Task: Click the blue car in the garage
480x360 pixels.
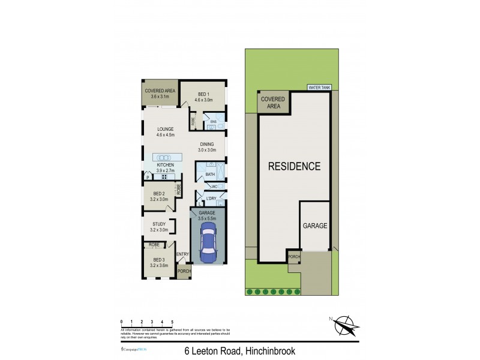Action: [208, 244]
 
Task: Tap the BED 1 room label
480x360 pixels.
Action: [203, 94]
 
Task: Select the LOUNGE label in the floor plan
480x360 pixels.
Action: [166, 129]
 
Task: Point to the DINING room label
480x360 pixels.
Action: [208, 144]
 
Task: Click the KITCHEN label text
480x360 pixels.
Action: [166, 164]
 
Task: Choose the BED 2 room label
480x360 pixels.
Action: [159, 194]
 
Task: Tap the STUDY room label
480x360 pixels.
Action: [159, 224]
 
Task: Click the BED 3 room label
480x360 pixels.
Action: [159, 259]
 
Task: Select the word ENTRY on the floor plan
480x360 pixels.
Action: [182, 254]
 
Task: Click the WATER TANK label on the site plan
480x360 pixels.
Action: [319, 88]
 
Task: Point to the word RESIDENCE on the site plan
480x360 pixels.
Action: [294, 166]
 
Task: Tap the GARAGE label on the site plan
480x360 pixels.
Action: [314, 226]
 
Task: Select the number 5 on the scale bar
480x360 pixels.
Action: [172, 322]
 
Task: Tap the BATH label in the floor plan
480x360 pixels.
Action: [210, 175]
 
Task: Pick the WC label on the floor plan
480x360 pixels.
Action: [214, 187]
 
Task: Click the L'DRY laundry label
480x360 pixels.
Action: [211, 199]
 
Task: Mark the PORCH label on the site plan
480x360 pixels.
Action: [294, 257]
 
